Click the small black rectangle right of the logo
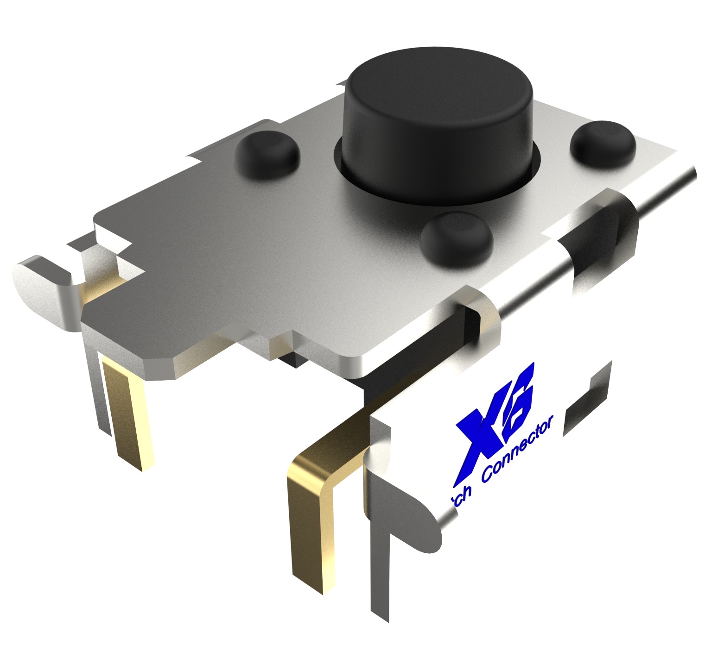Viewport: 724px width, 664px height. click(x=586, y=403)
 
